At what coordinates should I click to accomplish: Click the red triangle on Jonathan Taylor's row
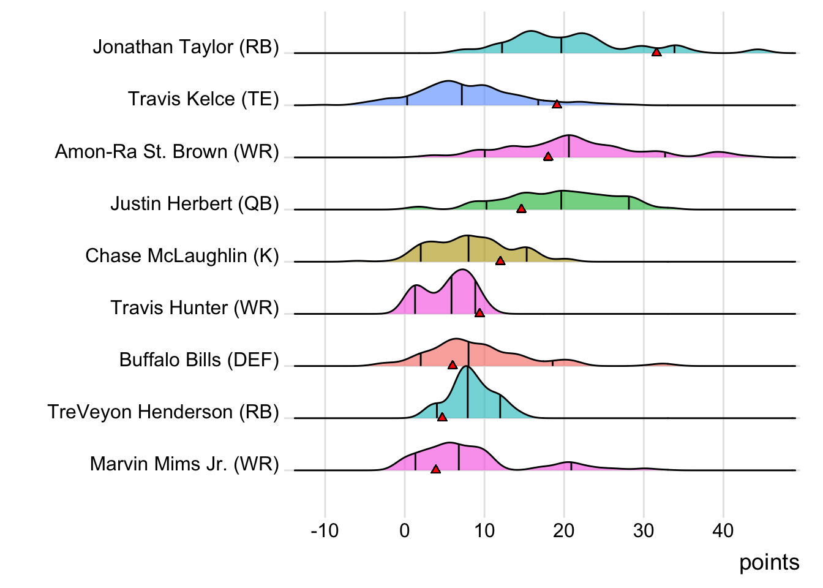click(x=656, y=53)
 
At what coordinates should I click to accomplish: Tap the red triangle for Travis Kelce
click(x=557, y=105)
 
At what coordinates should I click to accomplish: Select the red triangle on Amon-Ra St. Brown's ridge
click(x=548, y=157)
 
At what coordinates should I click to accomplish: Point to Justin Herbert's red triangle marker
click(x=521, y=209)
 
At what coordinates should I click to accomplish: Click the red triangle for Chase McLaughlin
click(x=500, y=261)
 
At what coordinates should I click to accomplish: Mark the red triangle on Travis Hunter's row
click(x=479, y=313)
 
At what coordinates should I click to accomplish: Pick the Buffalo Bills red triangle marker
click(x=453, y=365)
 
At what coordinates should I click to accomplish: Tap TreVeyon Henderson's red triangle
click(x=442, y=417)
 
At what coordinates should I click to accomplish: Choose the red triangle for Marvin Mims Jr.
click(x=435, y=469)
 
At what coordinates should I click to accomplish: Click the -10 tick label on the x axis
click(x=325, y=530)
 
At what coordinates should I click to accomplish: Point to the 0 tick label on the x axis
click(x=404, y=530)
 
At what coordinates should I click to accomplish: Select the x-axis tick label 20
click(x=563, y=530)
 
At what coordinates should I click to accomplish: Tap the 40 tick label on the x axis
click(x=723, y=530)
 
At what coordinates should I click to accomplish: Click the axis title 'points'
click(x=769, y=562)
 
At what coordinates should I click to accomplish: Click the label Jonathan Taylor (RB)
click(x=186, y=47)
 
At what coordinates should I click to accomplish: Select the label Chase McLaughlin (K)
click(x=182, y=255)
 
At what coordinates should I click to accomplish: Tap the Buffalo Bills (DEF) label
click(x=199, y=360)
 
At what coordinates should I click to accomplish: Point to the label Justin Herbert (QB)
click(x=195, y=203)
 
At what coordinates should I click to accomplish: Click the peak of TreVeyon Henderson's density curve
click(x=467, y=366)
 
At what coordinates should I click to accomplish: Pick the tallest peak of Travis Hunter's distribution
click(x=462, y=270)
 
